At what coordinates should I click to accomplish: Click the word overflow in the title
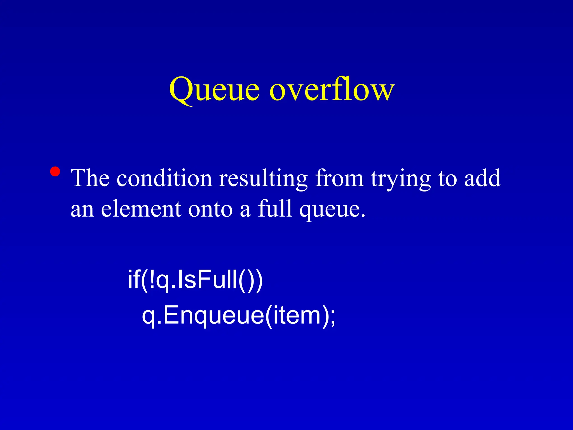332,89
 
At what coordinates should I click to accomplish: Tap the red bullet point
55,171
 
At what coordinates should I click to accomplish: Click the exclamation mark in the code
152,279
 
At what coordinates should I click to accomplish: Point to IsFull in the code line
207,279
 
